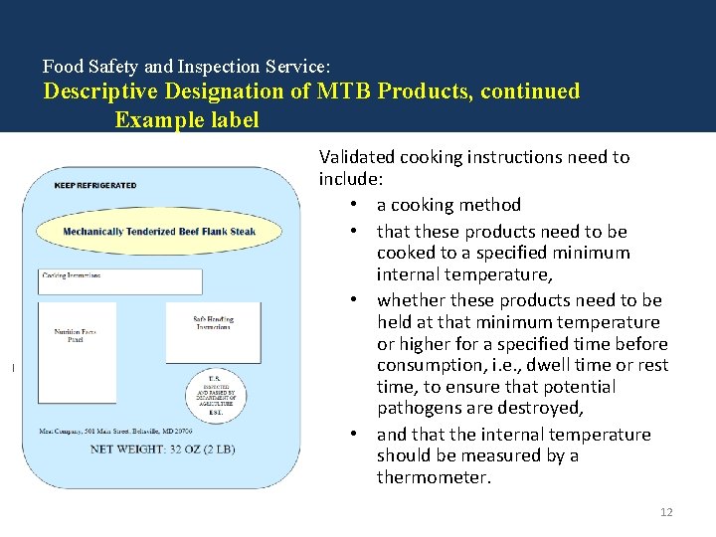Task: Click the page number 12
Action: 666,512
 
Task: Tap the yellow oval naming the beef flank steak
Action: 159,232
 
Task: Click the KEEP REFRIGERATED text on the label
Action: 94,185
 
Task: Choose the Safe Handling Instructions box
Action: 213,331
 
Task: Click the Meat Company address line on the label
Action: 116,432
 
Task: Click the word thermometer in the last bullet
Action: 434,477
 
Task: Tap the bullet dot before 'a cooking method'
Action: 353,205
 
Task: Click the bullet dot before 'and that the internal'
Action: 353,435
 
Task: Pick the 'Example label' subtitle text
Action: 187,120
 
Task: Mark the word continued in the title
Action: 531,91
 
